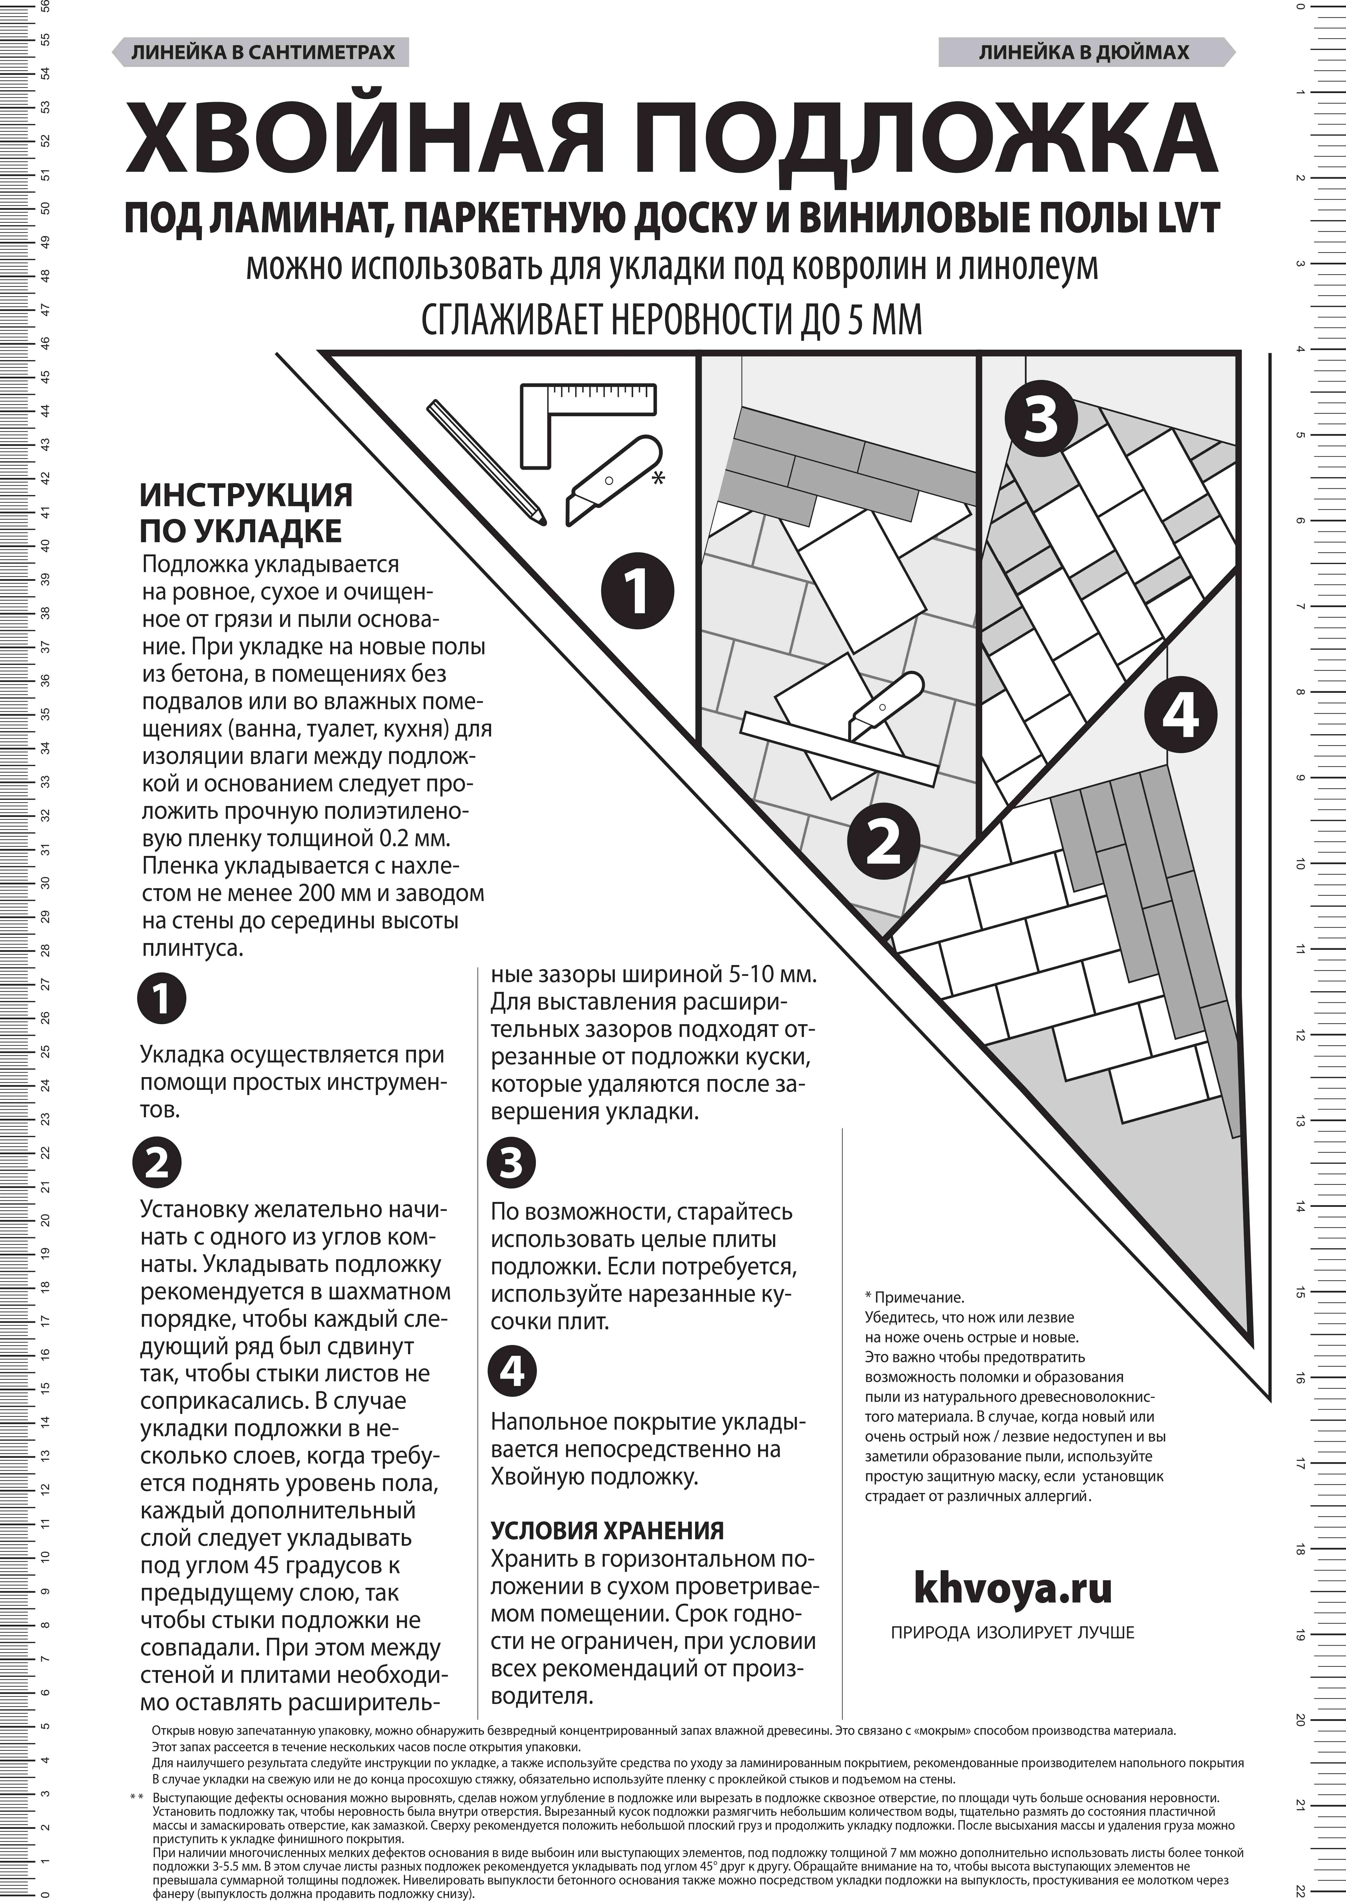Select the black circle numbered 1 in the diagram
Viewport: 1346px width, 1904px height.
click(x=637, y=591)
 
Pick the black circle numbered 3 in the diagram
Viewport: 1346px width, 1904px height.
click(x=1041, y=420)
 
